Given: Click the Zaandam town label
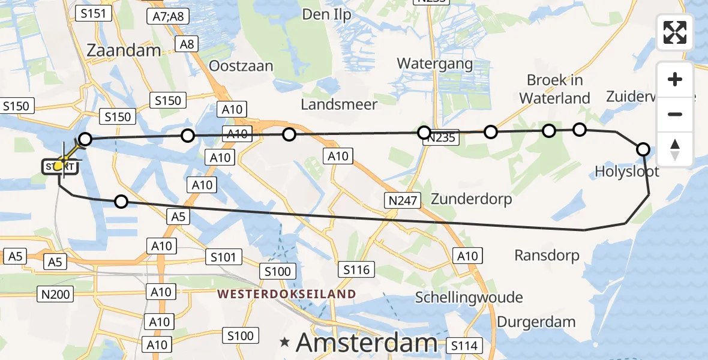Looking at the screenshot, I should pos(124,50).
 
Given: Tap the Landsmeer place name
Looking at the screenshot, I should pos(339,104).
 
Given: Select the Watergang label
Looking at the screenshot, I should pos(435,63).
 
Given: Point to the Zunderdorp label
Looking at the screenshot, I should pos(471,199).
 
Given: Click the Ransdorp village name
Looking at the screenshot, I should pos(547,256).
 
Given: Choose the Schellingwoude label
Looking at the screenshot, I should pos(469,298).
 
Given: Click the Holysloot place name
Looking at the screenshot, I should pos(627,172).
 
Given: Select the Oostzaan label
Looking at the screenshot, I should pos(241,66).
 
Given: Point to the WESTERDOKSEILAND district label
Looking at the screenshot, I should pos(287,294).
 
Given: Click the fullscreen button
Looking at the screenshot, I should pos(675,32).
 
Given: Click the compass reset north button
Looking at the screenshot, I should pos(675,149).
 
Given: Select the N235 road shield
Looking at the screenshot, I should pos(441,139).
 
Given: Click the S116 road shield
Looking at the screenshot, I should pos(356,270).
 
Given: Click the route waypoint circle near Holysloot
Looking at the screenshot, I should pos(643,149).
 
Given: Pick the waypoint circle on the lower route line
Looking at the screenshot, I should pos(121,202).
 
